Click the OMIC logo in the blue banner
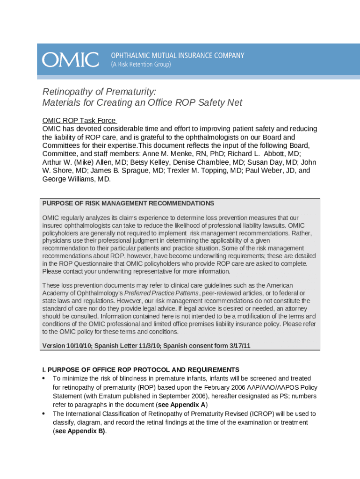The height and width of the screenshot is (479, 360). [71, 60]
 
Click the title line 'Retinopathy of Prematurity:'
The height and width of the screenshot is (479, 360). [99, 91]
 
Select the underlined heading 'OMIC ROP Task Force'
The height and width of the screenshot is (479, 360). [79, 120]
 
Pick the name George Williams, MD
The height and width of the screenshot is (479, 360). [77, 179]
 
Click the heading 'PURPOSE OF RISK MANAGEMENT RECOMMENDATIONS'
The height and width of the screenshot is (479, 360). [128, 203]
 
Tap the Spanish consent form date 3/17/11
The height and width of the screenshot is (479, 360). [237, 346]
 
